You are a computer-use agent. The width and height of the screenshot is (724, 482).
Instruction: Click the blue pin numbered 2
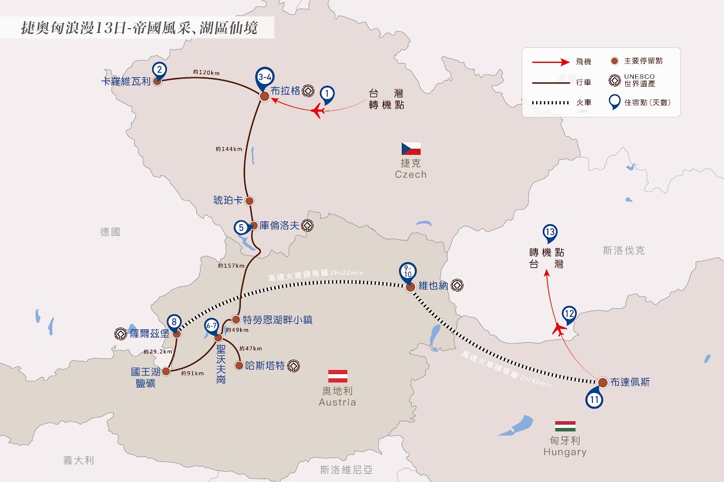(x=159, y=70)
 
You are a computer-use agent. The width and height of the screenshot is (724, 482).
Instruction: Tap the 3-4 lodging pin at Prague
(x=265, y=78)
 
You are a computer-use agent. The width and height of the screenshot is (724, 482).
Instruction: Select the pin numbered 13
(x=550, y=233)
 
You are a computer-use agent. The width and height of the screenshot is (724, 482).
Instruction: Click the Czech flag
(x=411, y=149)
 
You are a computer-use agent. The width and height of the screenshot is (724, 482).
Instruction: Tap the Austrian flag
(x=338, y=376)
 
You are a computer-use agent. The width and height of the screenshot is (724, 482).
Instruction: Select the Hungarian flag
(x=565, y=426)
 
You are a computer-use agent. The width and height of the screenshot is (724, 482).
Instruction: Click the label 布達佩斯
(x=630, y=382)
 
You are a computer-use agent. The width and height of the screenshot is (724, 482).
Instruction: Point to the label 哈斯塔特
(x=265, y=366)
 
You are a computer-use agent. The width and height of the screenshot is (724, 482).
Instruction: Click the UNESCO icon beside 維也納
(x=457, y=286)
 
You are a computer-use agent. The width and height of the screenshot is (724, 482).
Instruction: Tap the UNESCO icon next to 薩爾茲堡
(x=121, y=334)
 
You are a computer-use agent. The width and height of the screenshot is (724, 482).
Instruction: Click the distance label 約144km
(x=229, y=149)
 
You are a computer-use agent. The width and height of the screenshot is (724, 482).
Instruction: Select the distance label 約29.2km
(x=158, y=352)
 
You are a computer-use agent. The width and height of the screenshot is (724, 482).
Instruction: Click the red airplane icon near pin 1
(x=318, y=111)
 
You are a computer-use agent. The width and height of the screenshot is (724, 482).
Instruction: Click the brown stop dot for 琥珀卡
(x=249, y=201)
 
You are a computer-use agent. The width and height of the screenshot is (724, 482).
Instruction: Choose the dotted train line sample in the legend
(x=551, y=102)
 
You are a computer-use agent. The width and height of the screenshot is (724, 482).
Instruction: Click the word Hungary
(x=565, y=451)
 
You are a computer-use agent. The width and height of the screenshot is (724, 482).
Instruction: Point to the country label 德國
(x=110, y=232)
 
